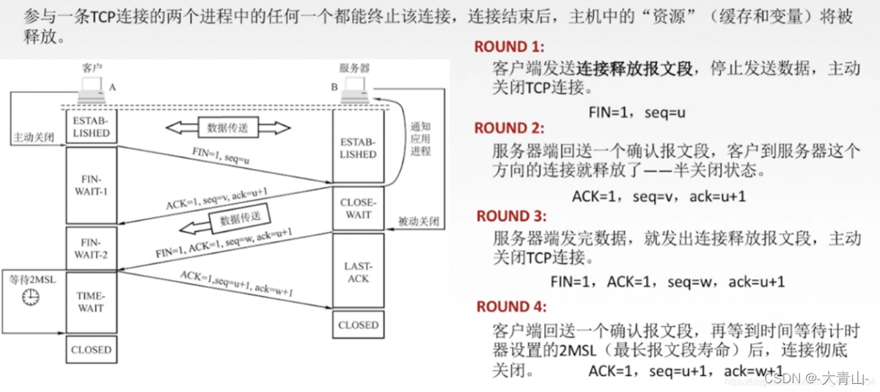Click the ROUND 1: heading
point(510,47)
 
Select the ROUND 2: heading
point(510,128)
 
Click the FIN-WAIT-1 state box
point(91,185)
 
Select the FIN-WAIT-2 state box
point(91,248)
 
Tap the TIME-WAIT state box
point(91,302)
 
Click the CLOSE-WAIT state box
point(358,209)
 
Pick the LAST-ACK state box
point(358,272)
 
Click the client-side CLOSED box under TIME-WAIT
point(91,350)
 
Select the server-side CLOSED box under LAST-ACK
point(358,325)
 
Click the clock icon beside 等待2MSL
point(30,296)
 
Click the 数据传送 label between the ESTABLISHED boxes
point(228,127)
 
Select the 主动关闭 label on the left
point(33,137)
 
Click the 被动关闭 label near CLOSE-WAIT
point(418,221)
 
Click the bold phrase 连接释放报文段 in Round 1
point(634,69)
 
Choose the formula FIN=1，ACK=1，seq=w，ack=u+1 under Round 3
point(668,281)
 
